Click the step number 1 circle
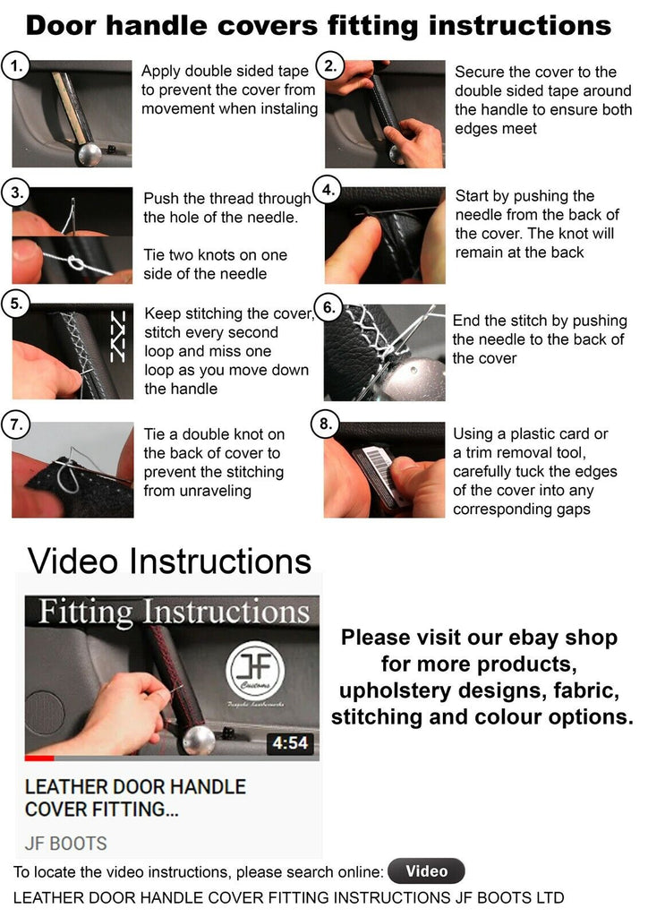(17, 66)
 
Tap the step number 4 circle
(328, 190)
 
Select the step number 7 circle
(16, 424)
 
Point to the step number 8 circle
(326, 424)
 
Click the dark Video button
(426, 870)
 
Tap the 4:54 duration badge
(290, 742)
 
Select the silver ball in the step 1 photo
(89, 154)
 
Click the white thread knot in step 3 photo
(75, 261)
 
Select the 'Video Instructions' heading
(169, 561)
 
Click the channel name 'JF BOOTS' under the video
(65, 843)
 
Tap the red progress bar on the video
(39, 758)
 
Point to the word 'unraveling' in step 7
(215, 490)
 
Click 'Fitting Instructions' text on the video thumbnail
(175, 612)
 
